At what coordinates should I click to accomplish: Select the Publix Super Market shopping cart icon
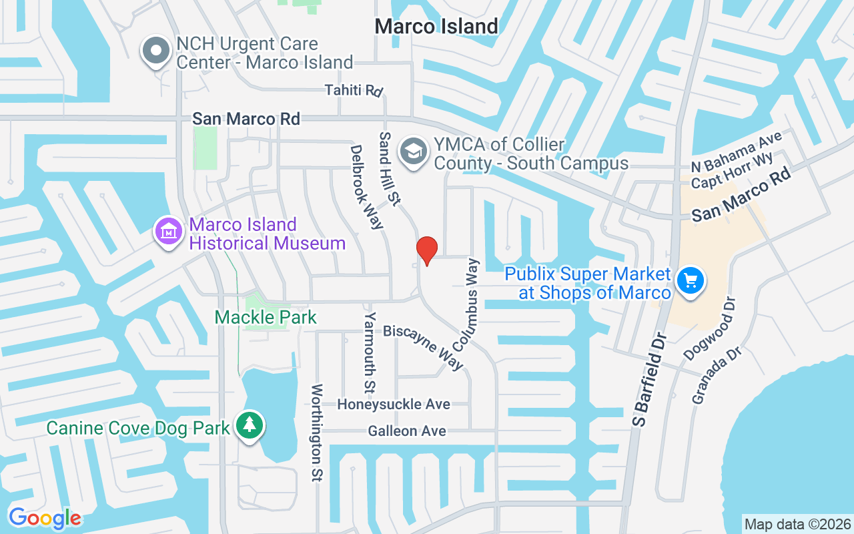coord(691,280)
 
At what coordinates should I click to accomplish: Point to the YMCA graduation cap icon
coord(414,152)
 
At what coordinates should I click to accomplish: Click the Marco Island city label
coord(436,26)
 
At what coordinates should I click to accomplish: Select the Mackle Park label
coord(266,317)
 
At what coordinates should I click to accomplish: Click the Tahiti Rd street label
coord(355,90)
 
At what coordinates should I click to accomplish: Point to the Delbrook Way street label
coord(367,188)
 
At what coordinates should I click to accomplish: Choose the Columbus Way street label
coord(466,305)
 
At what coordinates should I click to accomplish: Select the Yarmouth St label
coord(370,352)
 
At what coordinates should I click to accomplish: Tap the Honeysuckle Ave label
coord(394,405)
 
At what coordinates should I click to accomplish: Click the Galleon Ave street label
coord(407,431)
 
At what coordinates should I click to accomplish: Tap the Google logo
coord(45,518)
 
